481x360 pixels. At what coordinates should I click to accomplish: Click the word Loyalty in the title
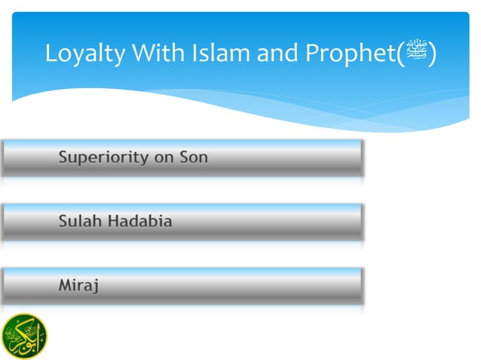pyautogui.click(x=83, y=54)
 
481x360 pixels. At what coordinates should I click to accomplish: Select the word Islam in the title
pyautogui.click(x=217, y=54)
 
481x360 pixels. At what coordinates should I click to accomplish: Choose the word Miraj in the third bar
pyautogui.click(x=79, y=285)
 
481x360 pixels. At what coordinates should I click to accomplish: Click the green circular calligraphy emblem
pyautogui.click(x=23, y=334)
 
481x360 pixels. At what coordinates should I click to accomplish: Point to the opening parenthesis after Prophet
pyautogui.click(x=402, y=54)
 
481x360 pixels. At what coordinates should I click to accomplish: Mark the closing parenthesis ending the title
pyautogui.click(x=432, y=54)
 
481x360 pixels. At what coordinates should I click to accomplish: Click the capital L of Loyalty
pyautogui.click(x=51, y=54)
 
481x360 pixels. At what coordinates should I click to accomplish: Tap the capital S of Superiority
pyautogui.click(x=63, y=158)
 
